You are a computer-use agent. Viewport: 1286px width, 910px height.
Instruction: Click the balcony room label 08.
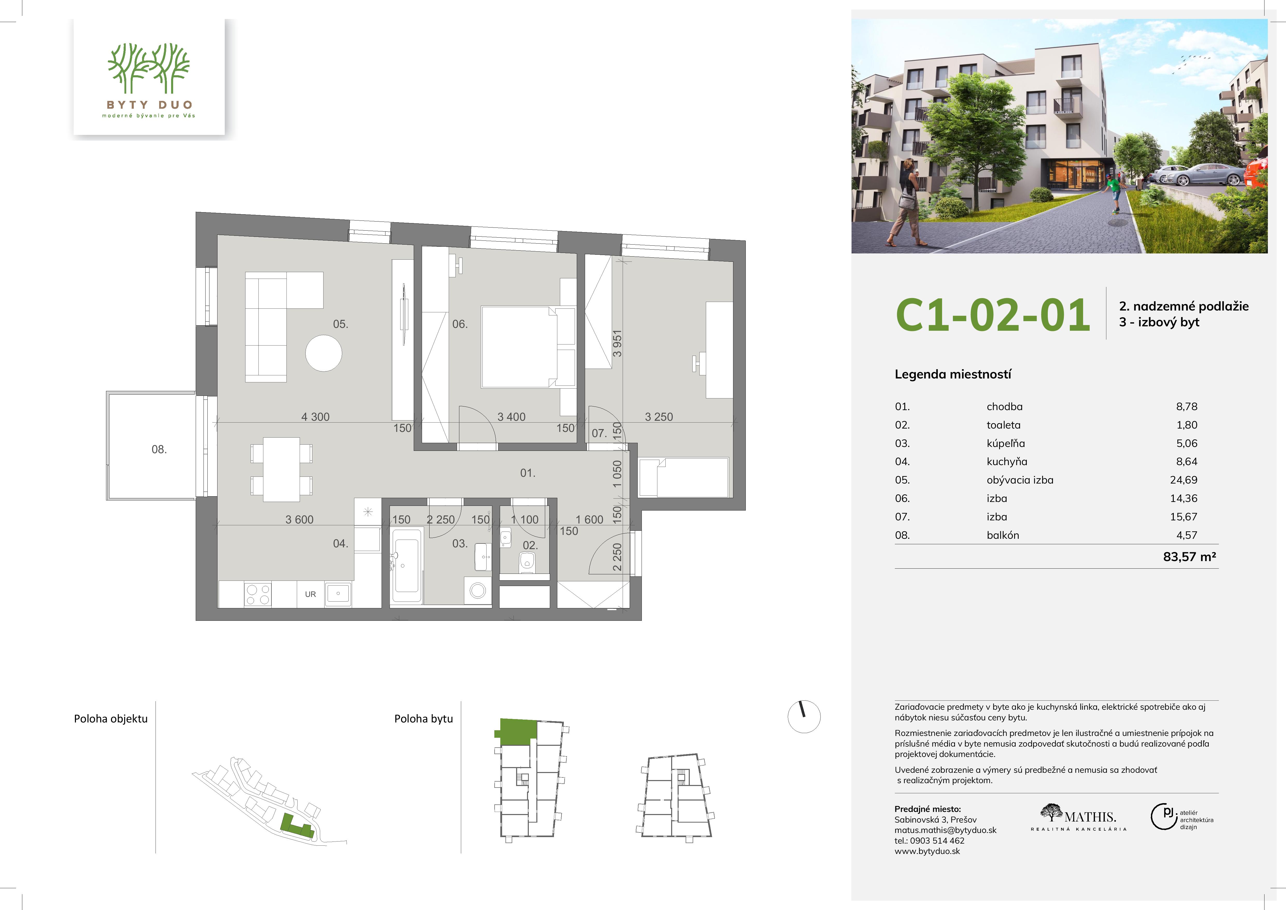click(x=159, y=449)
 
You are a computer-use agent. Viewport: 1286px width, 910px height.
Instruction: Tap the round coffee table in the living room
click(x=324, y=353)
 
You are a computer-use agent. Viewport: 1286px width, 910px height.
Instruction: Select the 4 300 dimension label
click(x=315, y=417)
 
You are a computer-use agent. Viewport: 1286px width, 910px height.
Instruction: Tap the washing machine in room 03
click(x=478, y=590)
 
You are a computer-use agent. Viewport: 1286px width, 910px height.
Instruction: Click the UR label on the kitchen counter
click(x=310, y=595)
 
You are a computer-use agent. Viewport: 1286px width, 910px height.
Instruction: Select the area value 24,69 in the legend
click(x=1184, y=480)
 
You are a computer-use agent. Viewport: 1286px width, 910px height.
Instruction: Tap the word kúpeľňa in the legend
click(x=1006, y=443)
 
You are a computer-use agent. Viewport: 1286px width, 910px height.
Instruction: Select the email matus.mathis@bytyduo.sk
click(x=945, y=830)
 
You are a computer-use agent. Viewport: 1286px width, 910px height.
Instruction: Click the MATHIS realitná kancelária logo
click(x=1079, y=818)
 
